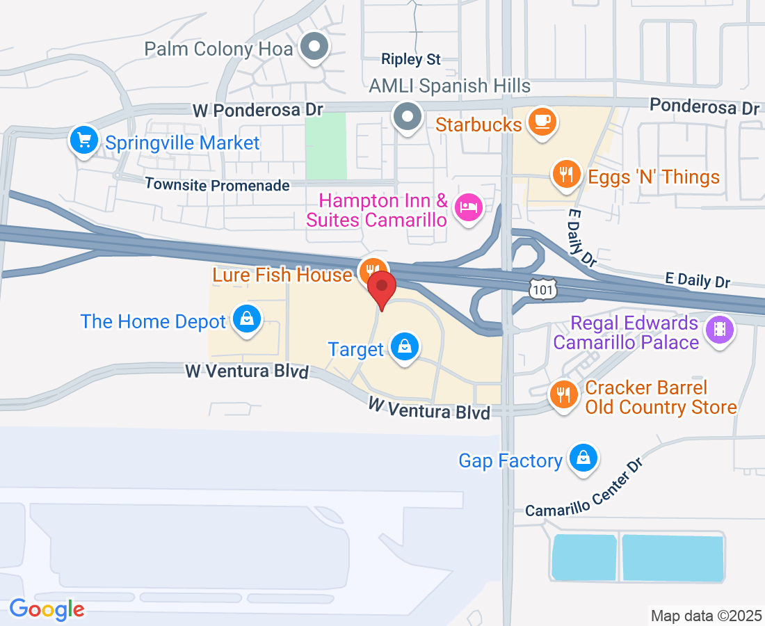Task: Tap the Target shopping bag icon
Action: coord(403,346)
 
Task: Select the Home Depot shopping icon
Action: coord(246,319)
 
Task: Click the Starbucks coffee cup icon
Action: coord(541,121)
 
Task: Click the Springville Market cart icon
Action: coord(84,141)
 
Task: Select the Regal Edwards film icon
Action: coord(719,329)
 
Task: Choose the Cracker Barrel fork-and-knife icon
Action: coord(563,395)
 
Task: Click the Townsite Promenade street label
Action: coord(217,185)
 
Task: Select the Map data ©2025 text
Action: coord(705,616)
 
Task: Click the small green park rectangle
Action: coord(325,145)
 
